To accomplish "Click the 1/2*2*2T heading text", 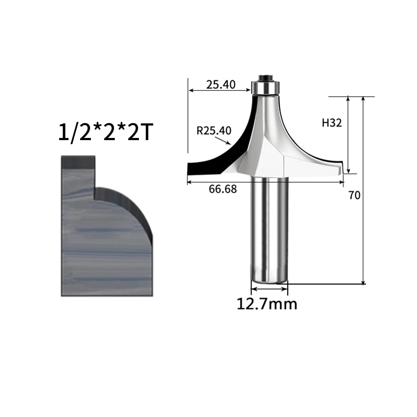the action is tap(106, 132).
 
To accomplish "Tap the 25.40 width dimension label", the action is tap(221, 85).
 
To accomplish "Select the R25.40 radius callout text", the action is tap(214, 131).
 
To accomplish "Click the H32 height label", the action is tap(332, 123).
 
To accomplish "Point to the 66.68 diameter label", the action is tap(223, 189).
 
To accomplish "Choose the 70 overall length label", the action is tap(354, 196).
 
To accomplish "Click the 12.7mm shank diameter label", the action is tap(267, 304).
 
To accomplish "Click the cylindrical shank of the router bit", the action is tap(269, 229).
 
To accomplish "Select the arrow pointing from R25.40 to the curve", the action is tap(223, 140).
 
